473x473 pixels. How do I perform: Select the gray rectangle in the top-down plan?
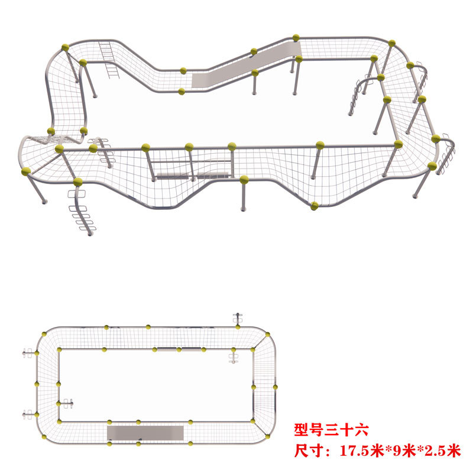click(x=145, y=433)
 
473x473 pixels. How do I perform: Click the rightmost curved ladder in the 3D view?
click(x=448, y=151)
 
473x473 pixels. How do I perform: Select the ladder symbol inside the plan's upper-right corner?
click(x=234, y=357)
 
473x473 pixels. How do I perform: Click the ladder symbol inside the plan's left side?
click(x=67, y=404)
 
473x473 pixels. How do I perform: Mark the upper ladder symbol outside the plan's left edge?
click(x=26, y=354)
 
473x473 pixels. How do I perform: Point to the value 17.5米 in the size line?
click(x=362, y=451)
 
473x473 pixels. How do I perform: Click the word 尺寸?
click(x=309, y=451)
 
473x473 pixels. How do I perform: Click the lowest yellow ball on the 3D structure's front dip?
click(x=315, y=206)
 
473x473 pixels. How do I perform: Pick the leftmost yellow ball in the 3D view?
click(x=26, y=171)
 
